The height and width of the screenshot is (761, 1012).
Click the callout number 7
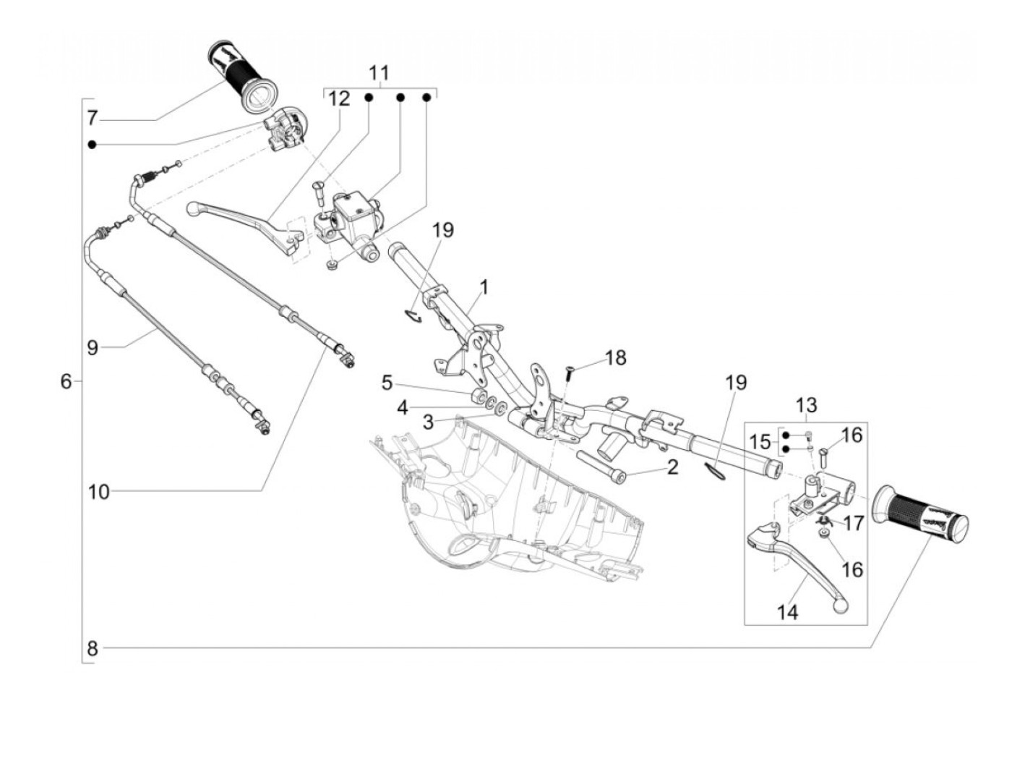pos(93,119)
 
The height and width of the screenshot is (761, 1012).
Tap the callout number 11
pos(379,73)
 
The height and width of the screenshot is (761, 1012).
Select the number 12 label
pos(339,98)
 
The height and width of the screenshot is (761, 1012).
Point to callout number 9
pos(93,347)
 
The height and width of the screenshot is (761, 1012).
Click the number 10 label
pos(99,493)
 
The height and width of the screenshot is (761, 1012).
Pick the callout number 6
pos(67,381)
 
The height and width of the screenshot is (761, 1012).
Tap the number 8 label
pos(93,649)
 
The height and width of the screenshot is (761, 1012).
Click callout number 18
pos(615,357)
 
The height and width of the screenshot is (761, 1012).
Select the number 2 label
pos(673,467)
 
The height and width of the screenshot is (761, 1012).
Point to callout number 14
pos(787,613)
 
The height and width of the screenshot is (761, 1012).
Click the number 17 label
pos(852,524)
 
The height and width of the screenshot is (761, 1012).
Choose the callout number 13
pos(806,405)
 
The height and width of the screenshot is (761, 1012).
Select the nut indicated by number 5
pos(479,395)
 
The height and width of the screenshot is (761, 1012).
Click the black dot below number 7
pos(93,145)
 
